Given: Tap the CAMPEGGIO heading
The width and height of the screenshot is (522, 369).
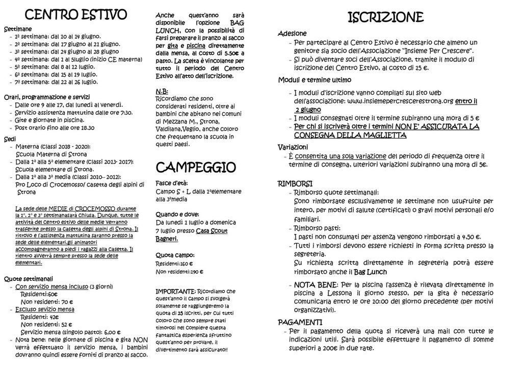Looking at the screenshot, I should coord(195,167).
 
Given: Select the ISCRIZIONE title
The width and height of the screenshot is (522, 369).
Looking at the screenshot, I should coord(385,18).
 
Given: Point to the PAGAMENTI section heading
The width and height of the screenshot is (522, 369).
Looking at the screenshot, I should coord(300,322).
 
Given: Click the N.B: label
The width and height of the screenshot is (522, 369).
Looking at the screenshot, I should coord(162,91).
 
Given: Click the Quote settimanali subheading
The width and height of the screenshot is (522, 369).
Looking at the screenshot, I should coord(29,279).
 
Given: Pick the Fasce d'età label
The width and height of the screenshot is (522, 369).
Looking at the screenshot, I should coord(172,183).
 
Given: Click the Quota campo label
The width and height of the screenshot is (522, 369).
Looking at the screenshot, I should coord(174,255).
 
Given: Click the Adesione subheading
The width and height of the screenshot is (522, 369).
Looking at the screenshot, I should coord(292,34).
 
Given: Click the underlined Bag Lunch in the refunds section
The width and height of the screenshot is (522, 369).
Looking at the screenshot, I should coord(371,272).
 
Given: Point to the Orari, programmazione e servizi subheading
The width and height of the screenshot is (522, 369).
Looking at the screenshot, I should coord(47,97).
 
